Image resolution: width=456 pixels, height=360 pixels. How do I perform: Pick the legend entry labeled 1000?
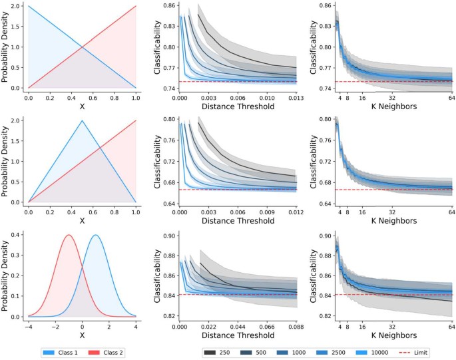click(294, 353)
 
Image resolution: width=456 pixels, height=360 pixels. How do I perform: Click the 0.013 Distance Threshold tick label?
click(296, 97)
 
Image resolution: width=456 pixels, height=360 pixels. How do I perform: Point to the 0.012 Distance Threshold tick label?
click(296, 213)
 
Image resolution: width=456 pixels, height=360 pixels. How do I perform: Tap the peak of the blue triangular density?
click(82, 121)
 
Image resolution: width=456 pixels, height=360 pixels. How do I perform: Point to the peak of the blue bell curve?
click(96, 235)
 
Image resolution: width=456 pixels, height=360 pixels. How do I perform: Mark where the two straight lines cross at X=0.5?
click(82, 47)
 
